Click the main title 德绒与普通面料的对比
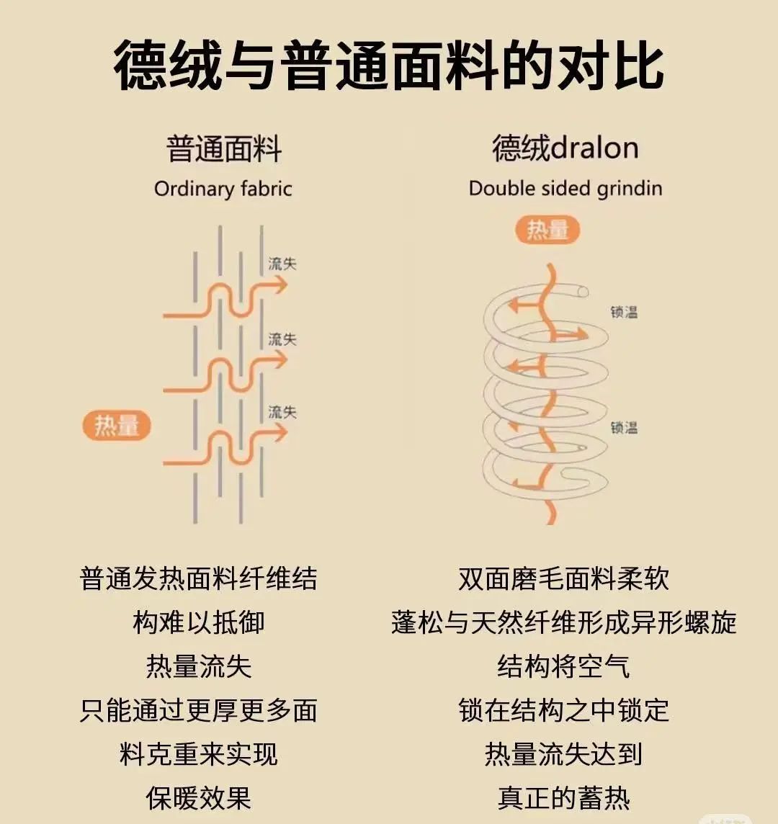389,66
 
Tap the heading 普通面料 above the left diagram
223,149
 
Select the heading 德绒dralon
565,148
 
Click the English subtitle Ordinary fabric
223,189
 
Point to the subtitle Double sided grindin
565,189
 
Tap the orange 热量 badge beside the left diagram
117,426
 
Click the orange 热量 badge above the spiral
548,230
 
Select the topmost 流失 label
282,264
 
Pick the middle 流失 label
282,339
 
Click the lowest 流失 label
282,412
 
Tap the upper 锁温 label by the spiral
624,312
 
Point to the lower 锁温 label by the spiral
624,427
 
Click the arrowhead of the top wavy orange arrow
280,285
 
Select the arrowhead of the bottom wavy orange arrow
280,433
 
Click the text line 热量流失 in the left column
199,666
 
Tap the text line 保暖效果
199,798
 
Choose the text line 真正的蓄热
564,798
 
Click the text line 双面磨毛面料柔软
564,579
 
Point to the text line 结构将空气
564,666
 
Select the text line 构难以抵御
199,622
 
